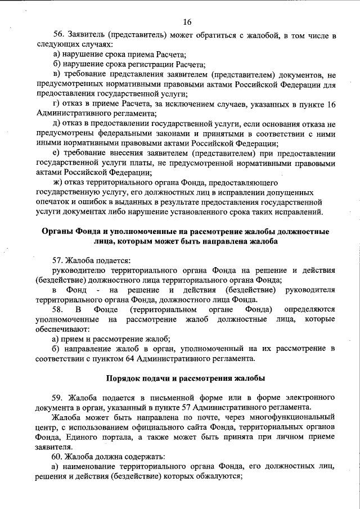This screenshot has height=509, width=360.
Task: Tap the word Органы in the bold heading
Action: click(60, 232)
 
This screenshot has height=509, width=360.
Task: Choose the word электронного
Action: click(309, 397)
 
